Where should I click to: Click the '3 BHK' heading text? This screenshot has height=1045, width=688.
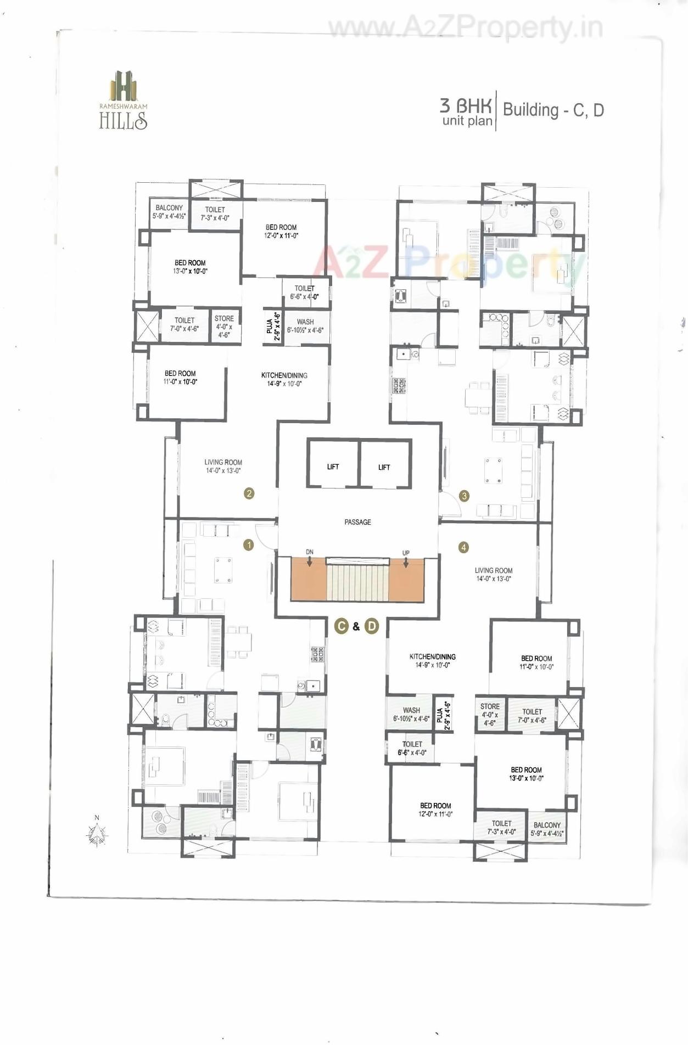click(x=466, y=105)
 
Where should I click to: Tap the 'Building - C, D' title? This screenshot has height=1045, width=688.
click(x=553, y=110)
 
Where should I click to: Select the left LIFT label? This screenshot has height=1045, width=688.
click(x=333, y=467)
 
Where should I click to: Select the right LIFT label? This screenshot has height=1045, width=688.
click(x=384, y=467)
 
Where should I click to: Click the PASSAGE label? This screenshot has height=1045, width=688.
click(x=357, y=522)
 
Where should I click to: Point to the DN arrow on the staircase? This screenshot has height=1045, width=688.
click(x=310, y=561)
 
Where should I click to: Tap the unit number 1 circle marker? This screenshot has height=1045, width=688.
click(x=249, y=545)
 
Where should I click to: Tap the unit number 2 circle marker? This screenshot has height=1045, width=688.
click(x=249, y=493)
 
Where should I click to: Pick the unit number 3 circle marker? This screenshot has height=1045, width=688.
click(x=465, y=496)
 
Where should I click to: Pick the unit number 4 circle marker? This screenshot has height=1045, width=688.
click(x=464, y=547)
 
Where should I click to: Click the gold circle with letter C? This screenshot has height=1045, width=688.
click(x=342, y=626)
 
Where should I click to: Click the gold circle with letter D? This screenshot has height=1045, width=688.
click(x=372, y=626)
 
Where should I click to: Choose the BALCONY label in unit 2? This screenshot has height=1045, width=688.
click(x=169, y=207)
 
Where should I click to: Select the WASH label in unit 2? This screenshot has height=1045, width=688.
click(x=305, y=322)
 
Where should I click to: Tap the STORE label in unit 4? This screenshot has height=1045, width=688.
click(x=490, y=706)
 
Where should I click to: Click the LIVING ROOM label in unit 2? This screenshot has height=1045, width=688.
click(x=223, y=462)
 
